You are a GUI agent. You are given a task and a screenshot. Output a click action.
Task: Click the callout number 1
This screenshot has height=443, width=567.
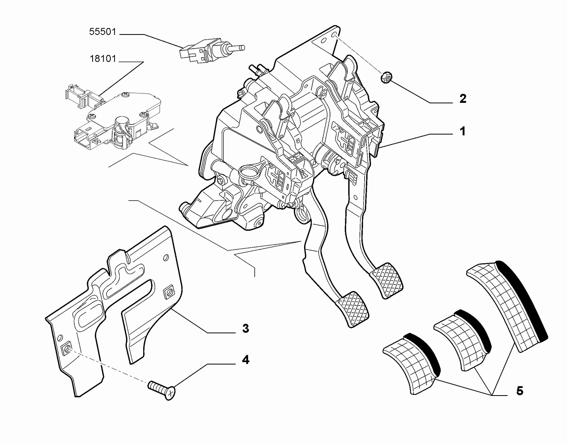462,131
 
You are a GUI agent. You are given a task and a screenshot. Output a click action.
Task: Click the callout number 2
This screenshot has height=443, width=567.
463,99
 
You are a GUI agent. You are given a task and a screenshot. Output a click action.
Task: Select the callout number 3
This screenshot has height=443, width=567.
245,328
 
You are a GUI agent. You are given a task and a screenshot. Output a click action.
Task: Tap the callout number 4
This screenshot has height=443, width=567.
245,359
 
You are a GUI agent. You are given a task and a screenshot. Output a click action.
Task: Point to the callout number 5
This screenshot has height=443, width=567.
519,391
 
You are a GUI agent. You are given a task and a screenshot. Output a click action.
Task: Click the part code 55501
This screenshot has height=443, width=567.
103,32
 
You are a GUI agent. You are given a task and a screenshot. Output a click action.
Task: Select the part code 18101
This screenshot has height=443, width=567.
103,59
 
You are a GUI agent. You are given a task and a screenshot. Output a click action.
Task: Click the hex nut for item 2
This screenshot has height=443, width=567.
385,78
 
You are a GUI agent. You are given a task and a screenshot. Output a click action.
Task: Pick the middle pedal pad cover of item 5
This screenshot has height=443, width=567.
463,337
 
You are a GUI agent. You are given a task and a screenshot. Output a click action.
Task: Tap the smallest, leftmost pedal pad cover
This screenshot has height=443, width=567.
412,361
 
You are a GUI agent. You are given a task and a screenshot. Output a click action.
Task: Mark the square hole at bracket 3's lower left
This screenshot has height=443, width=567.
67,348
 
